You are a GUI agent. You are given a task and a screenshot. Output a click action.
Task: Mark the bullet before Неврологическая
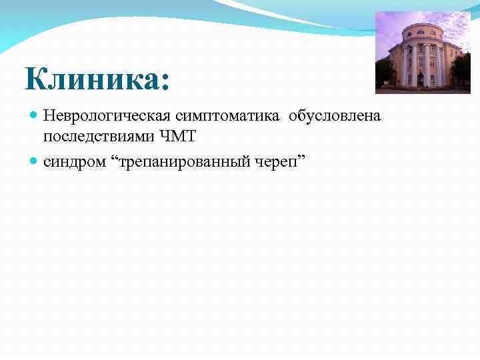pyautogui.click(x=35, y=117)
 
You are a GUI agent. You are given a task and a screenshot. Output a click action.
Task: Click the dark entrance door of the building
pyautogui.click(x=420, y=79)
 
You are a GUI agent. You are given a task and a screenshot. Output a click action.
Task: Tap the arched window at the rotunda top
pyautogui.click(x=419, y=31)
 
